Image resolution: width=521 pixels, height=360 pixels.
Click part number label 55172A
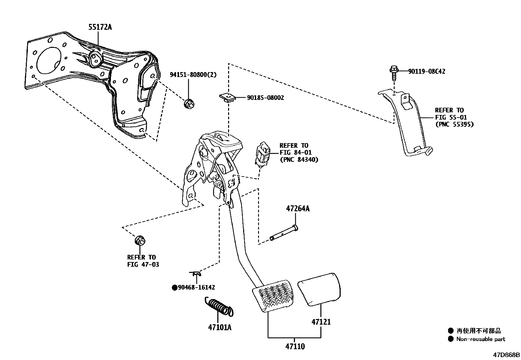[x=100, y=27]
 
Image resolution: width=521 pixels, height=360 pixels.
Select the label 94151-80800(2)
[x=193, y=75]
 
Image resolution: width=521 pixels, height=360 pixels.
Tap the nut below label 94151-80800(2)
[x=189, y=104]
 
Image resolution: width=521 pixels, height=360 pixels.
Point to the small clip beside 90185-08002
[x=226, y=97]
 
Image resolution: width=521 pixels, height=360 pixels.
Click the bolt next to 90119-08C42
[x=394, y=73]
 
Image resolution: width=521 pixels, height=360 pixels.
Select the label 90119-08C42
[x=426, y=71]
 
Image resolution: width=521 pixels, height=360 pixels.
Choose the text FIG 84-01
[x=296, y=152]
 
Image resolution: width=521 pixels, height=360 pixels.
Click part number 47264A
[x=297, y=208]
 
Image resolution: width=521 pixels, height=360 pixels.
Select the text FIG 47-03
[x=143, y=264]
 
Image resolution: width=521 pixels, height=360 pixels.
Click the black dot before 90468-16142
[x=175, y=288]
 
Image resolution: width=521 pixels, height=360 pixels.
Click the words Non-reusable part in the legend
[x=480, y=339]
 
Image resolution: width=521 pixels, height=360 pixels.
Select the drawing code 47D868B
[x=507, y=355]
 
